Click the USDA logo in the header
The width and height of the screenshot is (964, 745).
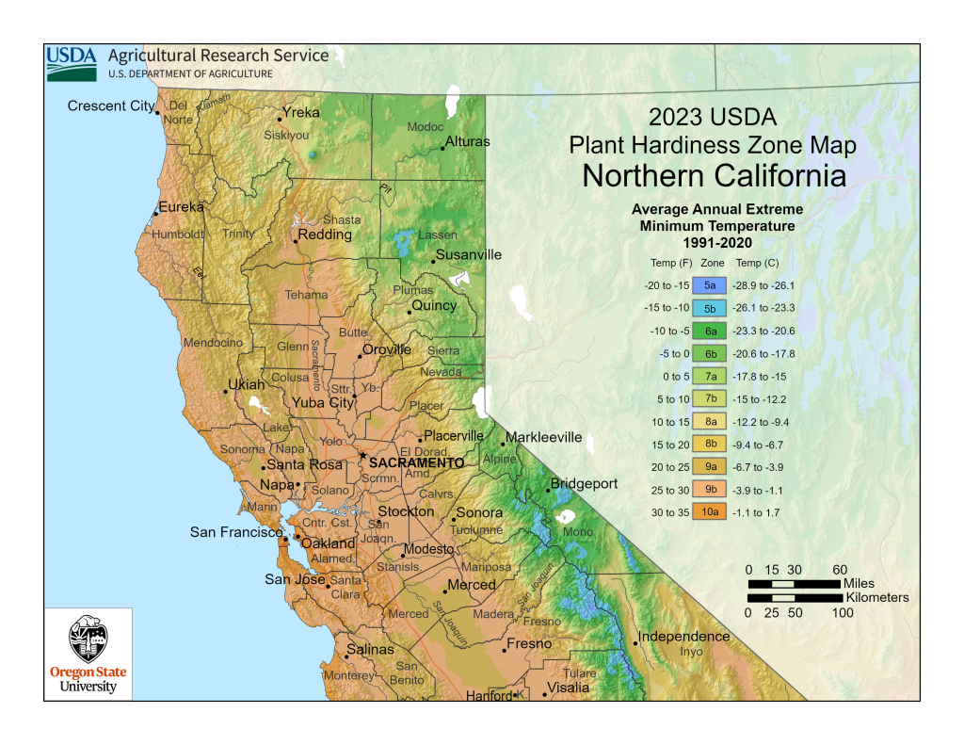click(x=72, y=62)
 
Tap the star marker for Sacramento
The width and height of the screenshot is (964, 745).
click(x=361, y=456)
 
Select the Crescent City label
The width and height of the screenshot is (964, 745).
click(x=110, y=106)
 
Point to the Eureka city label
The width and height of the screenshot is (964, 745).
click(x=181, y=207)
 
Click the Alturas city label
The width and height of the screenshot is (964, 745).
click(x=467, y=142)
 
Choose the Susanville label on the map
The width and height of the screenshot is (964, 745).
click(x=468, y=255)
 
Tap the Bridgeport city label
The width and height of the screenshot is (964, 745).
click(x=584, y=484)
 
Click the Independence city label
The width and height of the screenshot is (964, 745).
click(x=684, y=637)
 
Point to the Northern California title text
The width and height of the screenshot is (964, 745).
click(x=714, y=176)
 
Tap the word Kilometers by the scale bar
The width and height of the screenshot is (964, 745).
click(x=876, y=598)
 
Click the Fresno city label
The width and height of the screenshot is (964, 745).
click(x=529, y=644)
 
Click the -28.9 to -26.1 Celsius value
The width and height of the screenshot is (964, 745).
click(x=765, y=285)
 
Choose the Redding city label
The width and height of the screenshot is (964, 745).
click(x=325, y=235)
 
